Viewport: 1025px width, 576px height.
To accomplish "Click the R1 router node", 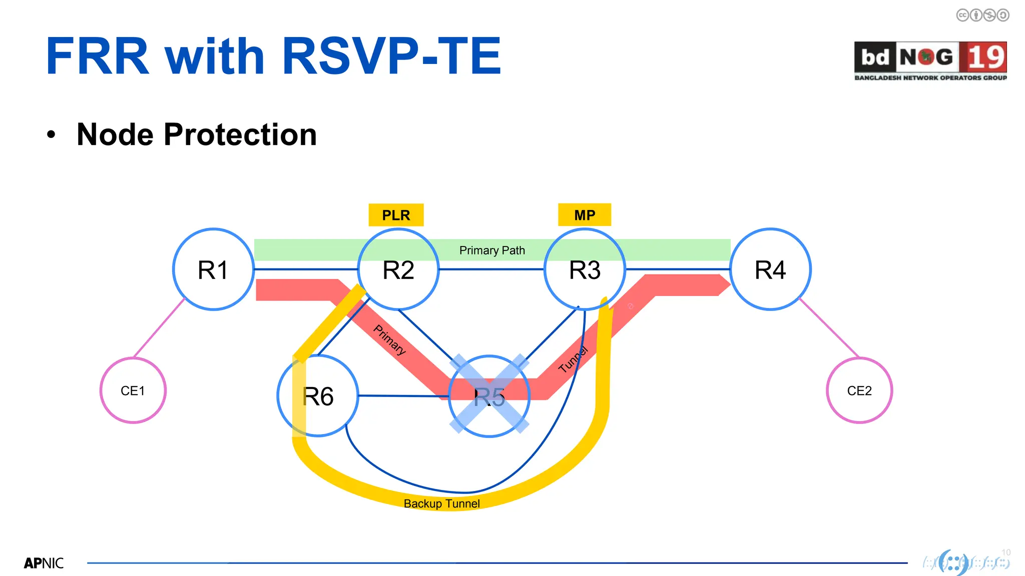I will click(213, 269).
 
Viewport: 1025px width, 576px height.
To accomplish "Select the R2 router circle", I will click(398, 269).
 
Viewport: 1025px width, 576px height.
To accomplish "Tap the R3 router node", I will click(585, 269).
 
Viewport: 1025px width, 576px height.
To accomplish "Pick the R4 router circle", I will click(770, 269).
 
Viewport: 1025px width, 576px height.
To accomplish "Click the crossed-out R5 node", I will click(489, 396).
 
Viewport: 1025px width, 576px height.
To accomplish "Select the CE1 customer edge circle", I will click(133, 390).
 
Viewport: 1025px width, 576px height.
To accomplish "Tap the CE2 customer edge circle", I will click(859, 390).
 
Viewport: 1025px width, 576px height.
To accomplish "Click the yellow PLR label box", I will click(396, 215).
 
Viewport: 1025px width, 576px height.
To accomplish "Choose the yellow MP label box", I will click(585, 215).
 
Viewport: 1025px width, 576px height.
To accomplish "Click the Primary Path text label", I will click(492, 250).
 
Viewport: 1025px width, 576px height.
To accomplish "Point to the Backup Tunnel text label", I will click(441, 503).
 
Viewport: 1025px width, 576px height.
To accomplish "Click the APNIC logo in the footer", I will click(44, 563).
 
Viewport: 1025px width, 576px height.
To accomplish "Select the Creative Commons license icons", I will click(982, 15).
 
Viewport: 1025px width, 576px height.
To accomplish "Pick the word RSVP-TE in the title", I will click(391, 56).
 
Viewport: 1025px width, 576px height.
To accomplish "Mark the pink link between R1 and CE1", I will click(159, 328).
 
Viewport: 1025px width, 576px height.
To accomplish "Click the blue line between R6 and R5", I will click(403, 396).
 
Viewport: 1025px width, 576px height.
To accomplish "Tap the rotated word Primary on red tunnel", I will click(390, 339).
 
